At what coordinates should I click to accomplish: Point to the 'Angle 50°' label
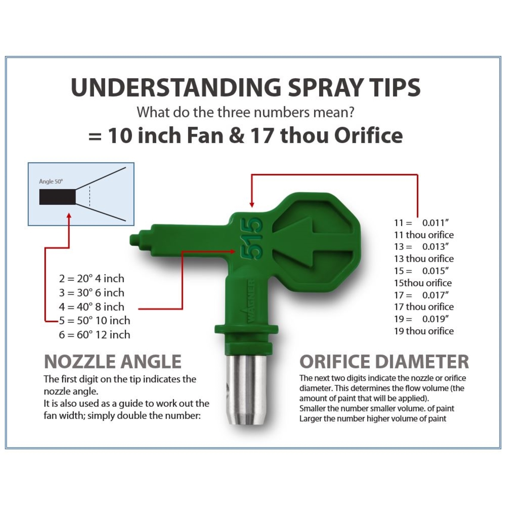[x=51, y=182]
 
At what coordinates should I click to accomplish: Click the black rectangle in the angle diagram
[x=57, y=197]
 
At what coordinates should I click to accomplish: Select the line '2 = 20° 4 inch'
[x=91, y=279]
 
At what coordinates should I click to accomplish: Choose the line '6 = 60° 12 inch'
[x=95, y=335]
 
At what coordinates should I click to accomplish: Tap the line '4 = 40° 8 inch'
[x=91, y=307]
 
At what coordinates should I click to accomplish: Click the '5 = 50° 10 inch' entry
[x=95, y=321]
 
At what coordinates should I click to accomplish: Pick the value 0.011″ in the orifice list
[x=435, y=223]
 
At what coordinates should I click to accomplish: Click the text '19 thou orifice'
[x=424, y=331]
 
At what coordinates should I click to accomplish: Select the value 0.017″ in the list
[x=435, y=295]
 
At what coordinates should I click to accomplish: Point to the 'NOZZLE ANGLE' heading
[x=113, y=361]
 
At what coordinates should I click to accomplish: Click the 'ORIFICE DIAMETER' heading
[x=384, y=361]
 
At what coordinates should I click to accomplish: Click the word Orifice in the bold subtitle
[x=368, y=135]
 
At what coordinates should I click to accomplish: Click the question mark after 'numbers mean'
[x=350, y=112]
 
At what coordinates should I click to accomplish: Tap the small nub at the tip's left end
[x=134, y=240]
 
